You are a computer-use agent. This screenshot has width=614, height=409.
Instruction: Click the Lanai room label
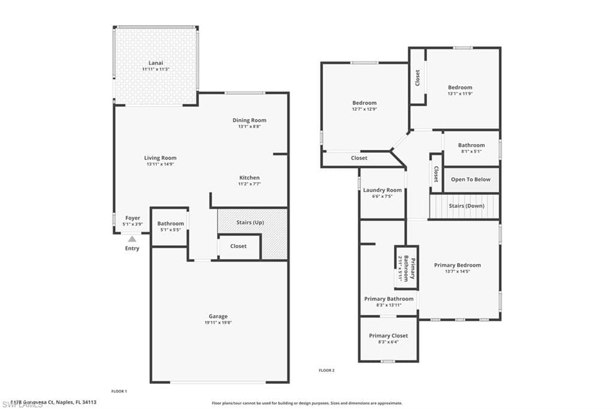[x=155, y=62]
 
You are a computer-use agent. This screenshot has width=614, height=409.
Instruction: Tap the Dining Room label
[x=249, y=121]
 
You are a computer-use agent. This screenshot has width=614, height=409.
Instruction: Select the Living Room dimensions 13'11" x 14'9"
[x=161, y=164]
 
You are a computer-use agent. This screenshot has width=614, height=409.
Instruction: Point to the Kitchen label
[x=249, y=178]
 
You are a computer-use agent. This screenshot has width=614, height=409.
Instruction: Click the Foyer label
[x=133, y=218]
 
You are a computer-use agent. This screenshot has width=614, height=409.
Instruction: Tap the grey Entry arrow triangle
[x=132, y=239]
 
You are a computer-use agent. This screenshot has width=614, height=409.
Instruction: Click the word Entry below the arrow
[x=132, y=248]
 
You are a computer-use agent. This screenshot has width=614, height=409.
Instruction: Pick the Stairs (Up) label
[x=250, y=222]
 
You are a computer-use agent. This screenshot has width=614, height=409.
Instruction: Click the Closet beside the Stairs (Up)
[x=238, y=246]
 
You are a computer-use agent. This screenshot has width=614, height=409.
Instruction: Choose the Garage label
[x=218, y=316]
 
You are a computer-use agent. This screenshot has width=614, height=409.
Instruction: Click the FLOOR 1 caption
[x=119, y=391]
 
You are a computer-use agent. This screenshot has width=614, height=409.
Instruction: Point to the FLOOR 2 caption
[x=326, y=371]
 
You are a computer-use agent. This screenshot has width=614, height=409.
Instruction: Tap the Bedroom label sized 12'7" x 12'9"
[x=364, y=103]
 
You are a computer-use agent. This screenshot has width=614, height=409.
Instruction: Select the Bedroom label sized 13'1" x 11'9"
[x=460, y=88]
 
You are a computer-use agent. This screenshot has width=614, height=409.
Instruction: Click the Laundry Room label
[x=383, y=190]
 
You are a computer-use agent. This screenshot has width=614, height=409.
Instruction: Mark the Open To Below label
[x=471, y=179]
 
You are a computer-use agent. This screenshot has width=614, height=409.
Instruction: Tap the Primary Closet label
[x=388, y=336]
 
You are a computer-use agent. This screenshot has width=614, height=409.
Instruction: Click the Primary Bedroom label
[x=458, y=265]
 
